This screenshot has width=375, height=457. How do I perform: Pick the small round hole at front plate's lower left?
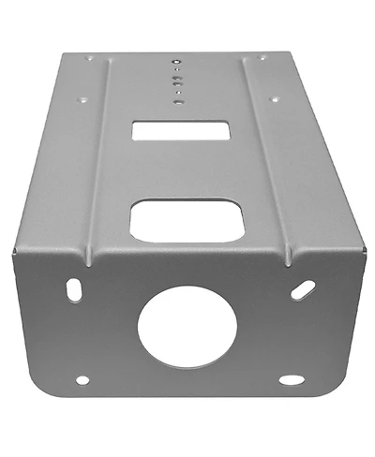(x=82, y=381)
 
